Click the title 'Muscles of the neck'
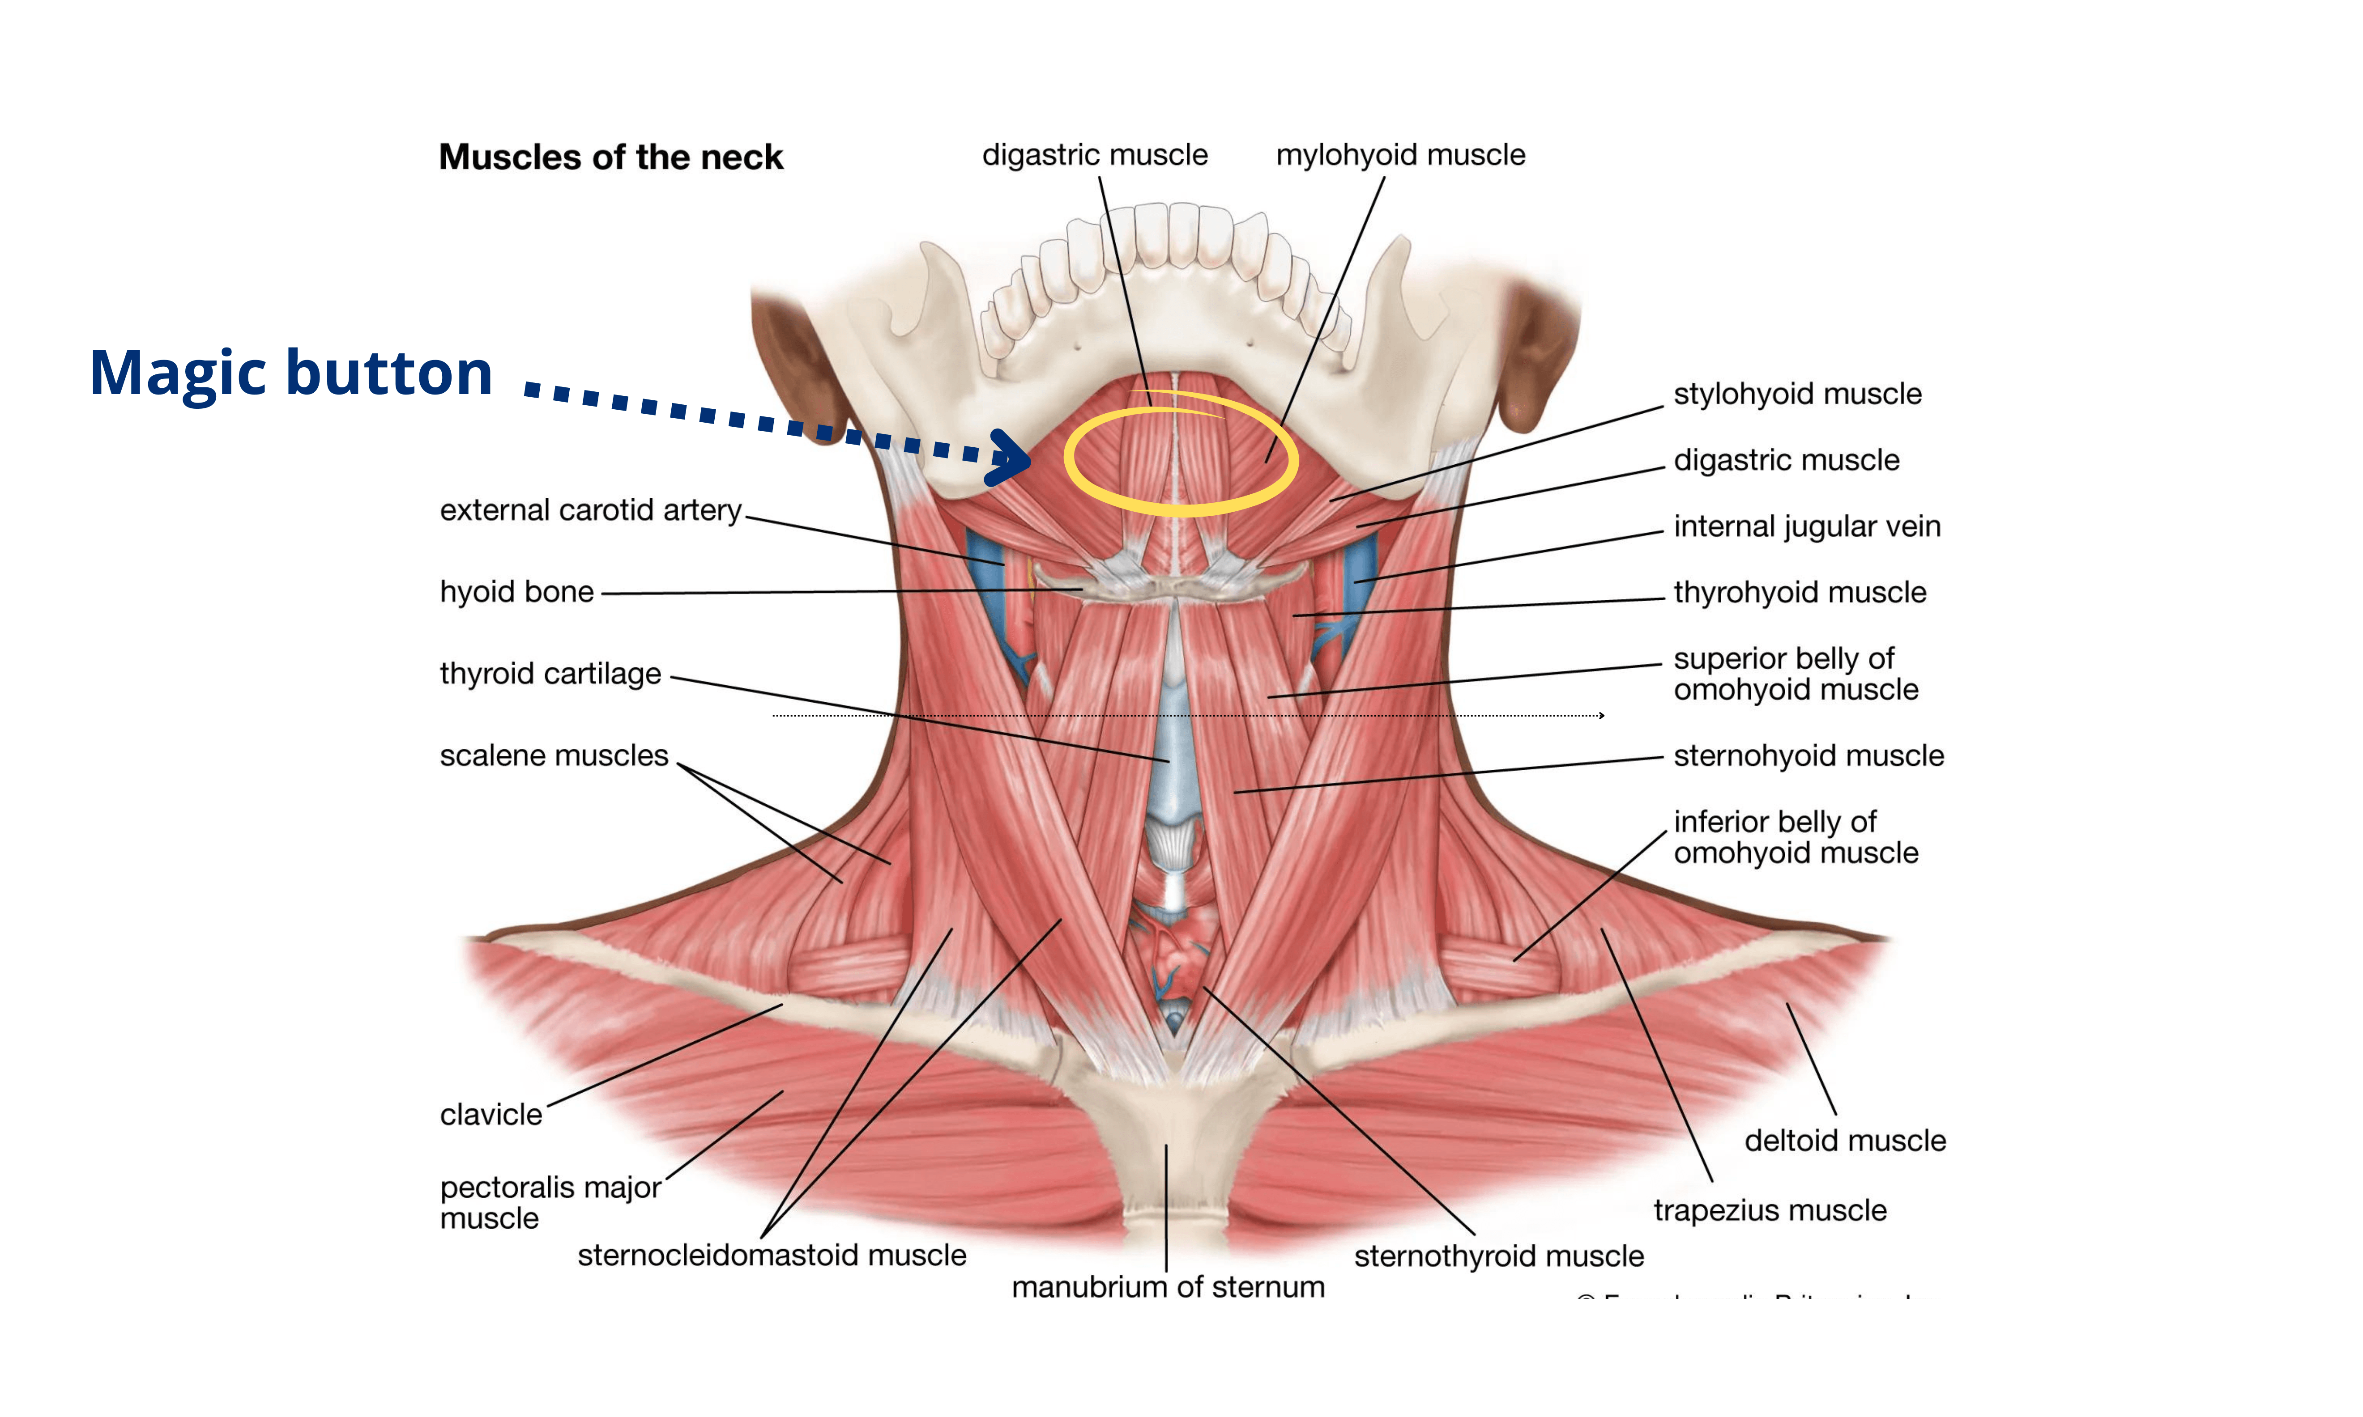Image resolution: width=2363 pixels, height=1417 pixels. pyautogui.click(x=610, y=157)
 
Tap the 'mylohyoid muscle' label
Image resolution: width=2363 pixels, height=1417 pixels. pyautogui.click(x=1400, y=155)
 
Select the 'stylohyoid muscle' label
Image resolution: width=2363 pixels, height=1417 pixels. pyautogui.click(x=1796, y=394)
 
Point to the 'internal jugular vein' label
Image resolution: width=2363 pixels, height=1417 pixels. pyautogui.click(x=1806, y=526)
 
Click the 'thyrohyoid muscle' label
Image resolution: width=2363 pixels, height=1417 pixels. pyautogui.click(x=1800, y=592)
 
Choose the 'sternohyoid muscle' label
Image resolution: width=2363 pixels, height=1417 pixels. pyautogui.click(x=1808, y=755)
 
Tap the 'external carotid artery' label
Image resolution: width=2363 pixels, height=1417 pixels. pyautogui.click(x=590, y=510)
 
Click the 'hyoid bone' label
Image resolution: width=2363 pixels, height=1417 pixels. pyautogui.click(x=517, y=592)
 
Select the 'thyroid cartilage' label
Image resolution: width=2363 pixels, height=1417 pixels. pyautogui.click(x=550, y=673)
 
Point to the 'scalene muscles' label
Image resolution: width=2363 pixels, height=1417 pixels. pyautogui.click(x=554, y=755)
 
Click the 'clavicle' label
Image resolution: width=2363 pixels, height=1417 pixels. pyautogui.click(x=491, y=1114)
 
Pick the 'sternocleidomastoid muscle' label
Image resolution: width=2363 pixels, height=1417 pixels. pyautogui.click(x=772, y=1255)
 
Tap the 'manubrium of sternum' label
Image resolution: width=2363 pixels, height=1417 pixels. pyautogui.click(x=1167, y=1287)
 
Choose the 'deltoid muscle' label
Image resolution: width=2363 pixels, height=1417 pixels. pyautogui.click(x=1844, y=1140)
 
